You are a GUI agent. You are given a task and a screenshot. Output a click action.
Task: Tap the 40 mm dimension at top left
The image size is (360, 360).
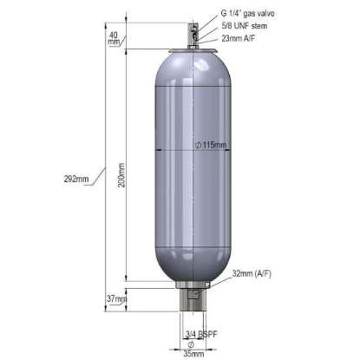(114, 36)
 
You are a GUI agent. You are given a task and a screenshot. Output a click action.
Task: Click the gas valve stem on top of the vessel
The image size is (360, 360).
(193, 32)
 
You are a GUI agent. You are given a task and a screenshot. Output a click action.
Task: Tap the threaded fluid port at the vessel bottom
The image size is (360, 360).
(193, 308)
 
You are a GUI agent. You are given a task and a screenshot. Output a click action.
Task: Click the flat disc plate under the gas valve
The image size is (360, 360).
(193, 49)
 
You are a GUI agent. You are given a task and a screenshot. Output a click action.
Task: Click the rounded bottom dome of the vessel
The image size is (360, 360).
(193, 260)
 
